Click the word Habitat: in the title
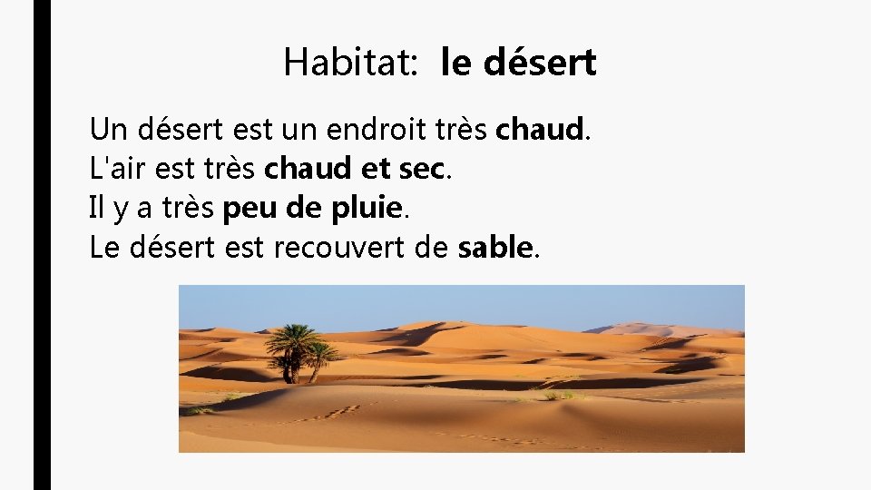tap(350, 63)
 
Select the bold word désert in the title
tap(541, 63)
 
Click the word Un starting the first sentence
tap(105, 130)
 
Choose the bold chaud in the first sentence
tap(539, 130)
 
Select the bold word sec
tap(424, 169)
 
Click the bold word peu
tap(242, 209)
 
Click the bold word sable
tap(494, 247)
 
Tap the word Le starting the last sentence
tap(104, 247)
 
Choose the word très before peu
tap(188, 208)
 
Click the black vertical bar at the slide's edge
tap(42, 245)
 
